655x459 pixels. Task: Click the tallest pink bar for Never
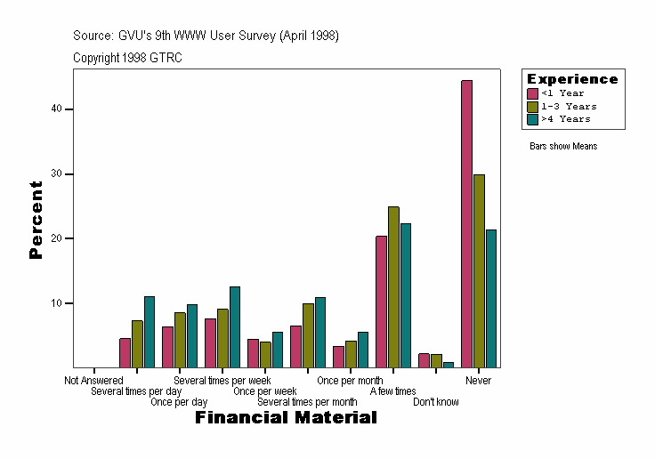tap(466, 223)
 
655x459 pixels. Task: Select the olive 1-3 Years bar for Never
tap(479, 270)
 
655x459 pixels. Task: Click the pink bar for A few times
tap(381, 302)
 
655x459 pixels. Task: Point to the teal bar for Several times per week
tap(235, 326)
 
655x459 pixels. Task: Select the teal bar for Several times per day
tap(150, 332)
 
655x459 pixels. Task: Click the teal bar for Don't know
tap(449, 365)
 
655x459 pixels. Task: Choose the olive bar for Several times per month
tap(308, 335)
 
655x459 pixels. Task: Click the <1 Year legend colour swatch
tap(533, 93)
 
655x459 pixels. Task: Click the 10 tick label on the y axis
tap(56, 303)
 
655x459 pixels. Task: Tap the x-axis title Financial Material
tap(286, 417)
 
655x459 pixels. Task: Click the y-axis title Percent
tap(36, 220)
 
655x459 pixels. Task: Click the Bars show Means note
tap(563, 146)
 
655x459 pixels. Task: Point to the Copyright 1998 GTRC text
tap(128, 57)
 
